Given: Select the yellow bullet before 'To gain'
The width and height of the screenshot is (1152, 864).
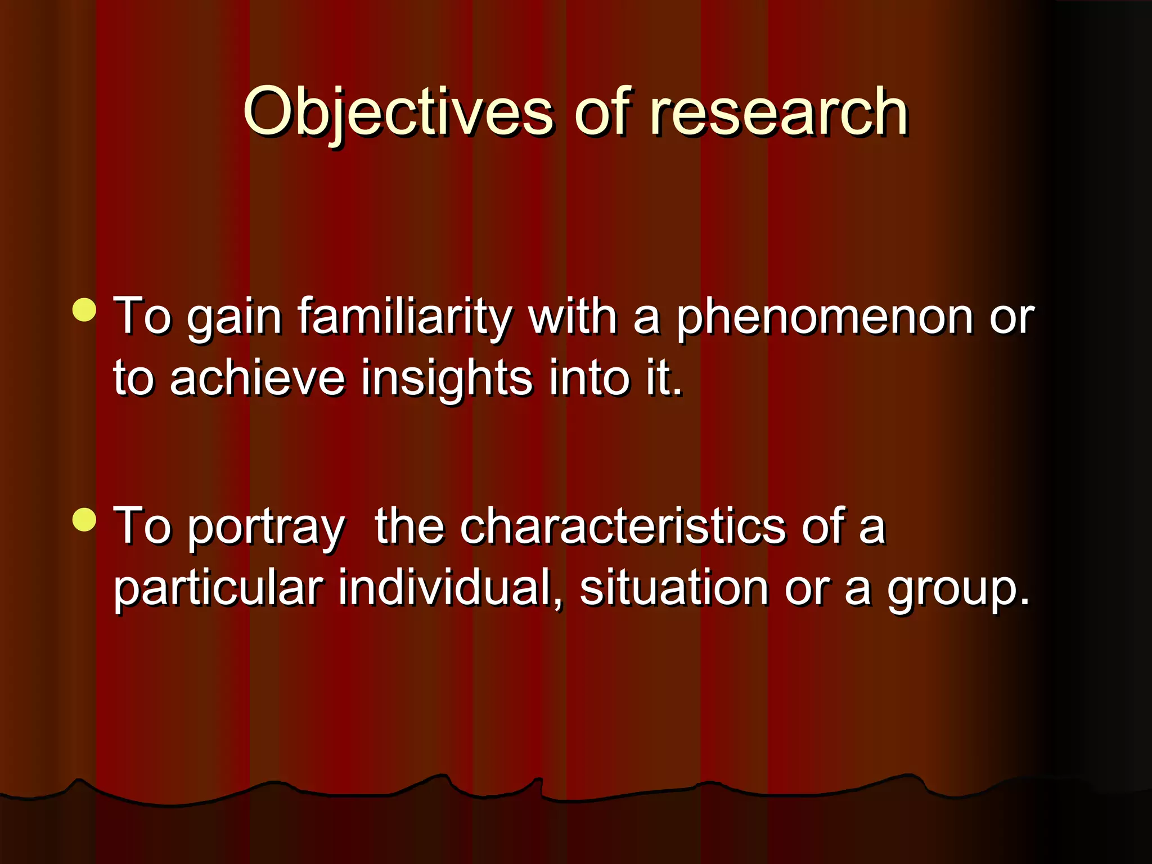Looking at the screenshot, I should pyautogui.click(x=85, y=310).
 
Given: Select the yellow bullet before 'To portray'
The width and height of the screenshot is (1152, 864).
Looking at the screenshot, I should pyautogui.click(x=85, y=519).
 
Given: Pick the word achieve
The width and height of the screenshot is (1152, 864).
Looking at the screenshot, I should pyautogui.click(x=257, y=377).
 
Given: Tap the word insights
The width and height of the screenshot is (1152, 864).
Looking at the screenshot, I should pyautogui.click(x=447, y=377).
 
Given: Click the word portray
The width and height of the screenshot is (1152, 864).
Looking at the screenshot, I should pyautogui.click(x=266, y=528).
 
